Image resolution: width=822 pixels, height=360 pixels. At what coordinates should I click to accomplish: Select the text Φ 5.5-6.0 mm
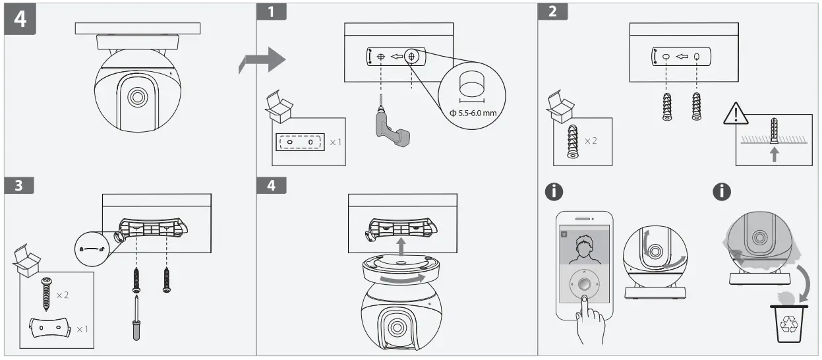click(472, 113)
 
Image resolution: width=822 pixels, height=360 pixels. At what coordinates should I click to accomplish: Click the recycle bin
click(789, 322)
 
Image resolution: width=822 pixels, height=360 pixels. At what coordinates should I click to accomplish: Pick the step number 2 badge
click(552, 11)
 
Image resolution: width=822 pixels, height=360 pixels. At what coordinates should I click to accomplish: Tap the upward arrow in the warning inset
click(775, 154)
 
